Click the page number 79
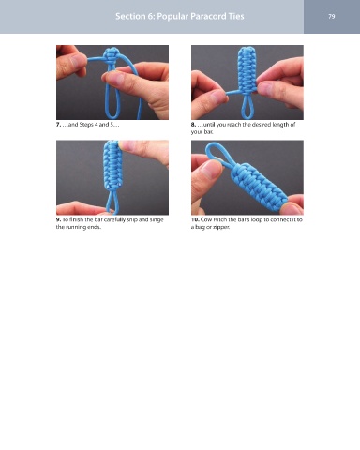click(332, 16)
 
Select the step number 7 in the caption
click(58, 125)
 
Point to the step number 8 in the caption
click(193, 125)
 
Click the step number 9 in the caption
click(58, 219)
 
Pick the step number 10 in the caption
click(195, 219)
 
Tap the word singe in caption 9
click(157, 220)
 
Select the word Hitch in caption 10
click(220, 219)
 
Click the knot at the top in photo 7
click(112, 56)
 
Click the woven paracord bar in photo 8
click(247, 69)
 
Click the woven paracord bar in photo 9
click(112, 165)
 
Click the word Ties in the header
click(235, 16)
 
